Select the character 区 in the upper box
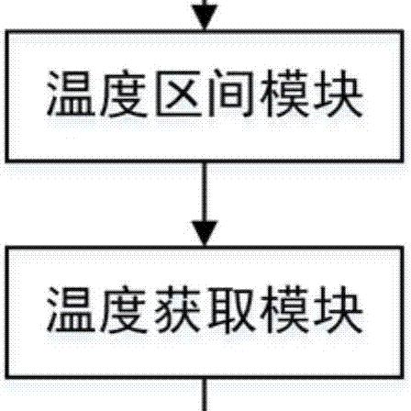click(177, 94)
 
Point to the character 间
click(231, 94)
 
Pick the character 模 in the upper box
click(284, 94)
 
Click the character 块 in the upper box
click(338, 94)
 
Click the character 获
click(177, 309)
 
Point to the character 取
click(231, 309)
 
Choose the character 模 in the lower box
click(284, 309)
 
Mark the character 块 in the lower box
click(338, 309)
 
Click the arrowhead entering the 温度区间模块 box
click(205, 17)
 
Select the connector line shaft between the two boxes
click(205, 192)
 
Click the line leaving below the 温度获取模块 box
click(205, 395)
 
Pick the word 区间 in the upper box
click(205, 94)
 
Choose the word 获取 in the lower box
click(205, 309)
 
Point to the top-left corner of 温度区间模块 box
click(6, 32)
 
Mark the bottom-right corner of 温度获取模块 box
click(402, 377)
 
